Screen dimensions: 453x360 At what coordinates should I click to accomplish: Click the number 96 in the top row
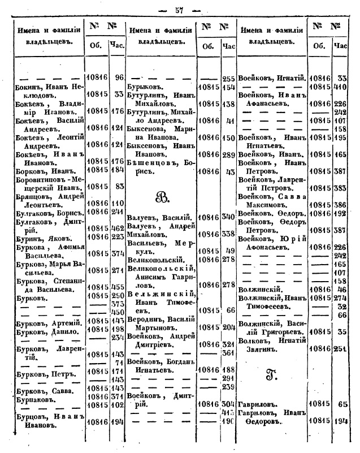click(x=119, y=77)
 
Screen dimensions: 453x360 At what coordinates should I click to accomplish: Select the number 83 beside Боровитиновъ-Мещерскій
click(x=118, y=185)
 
